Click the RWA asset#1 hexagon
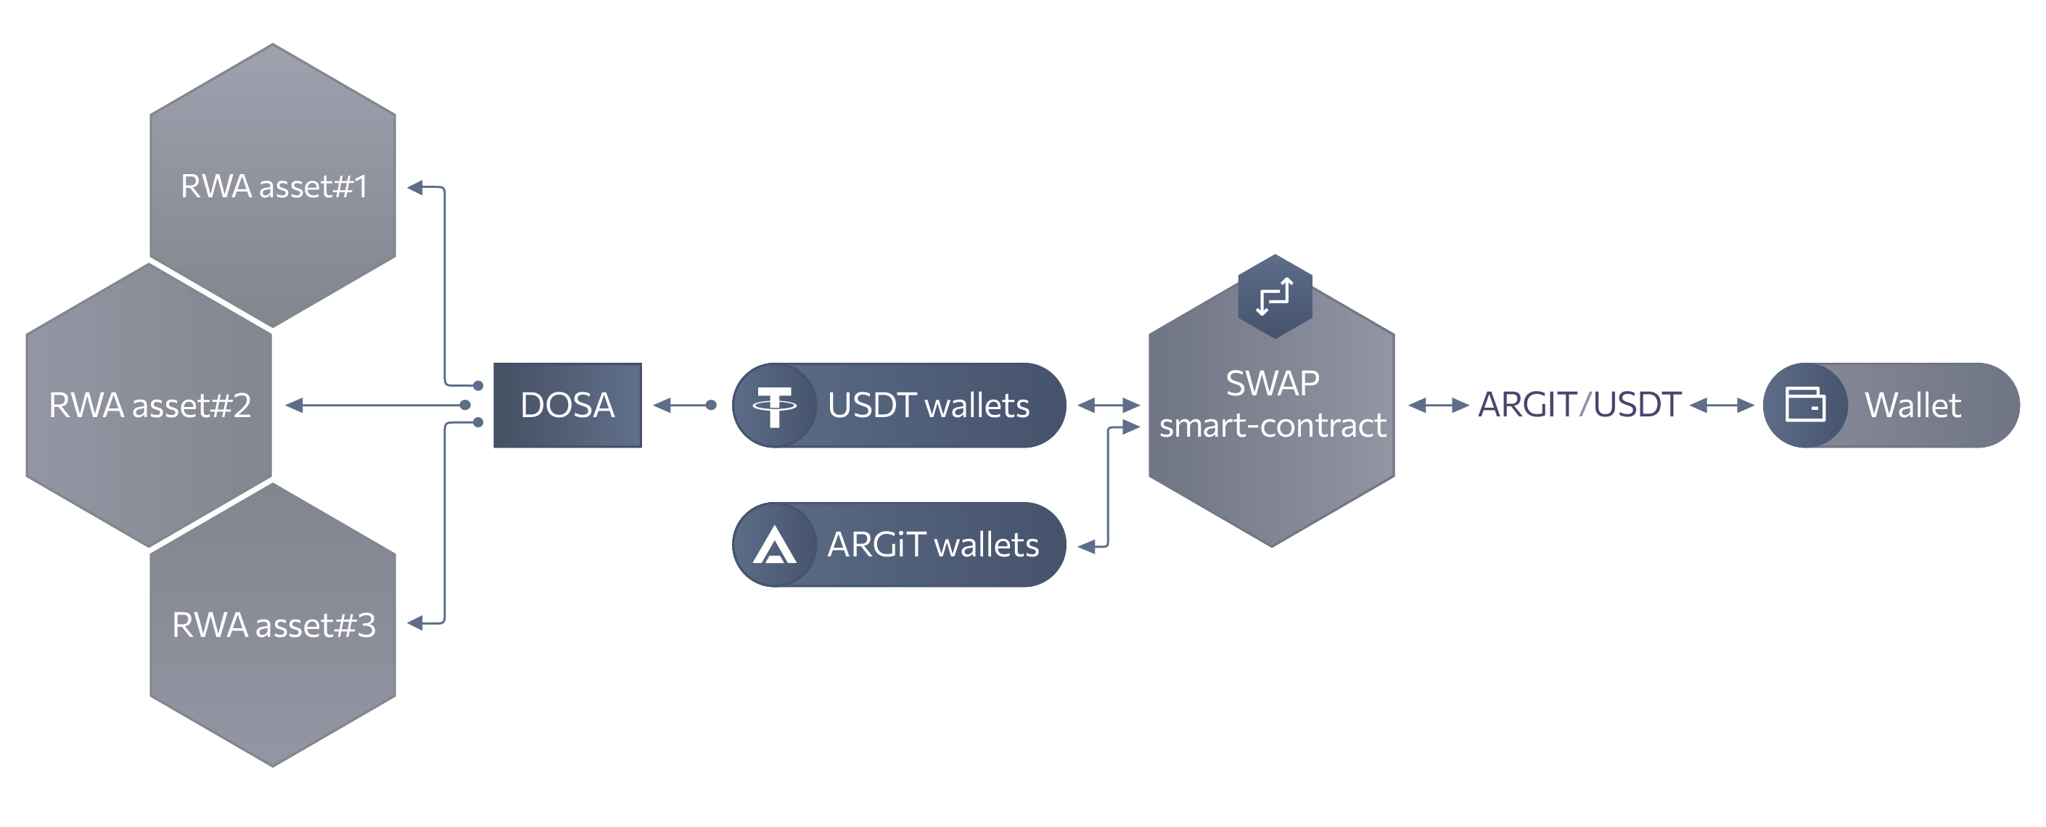pyautogui.click(x=272, y=186)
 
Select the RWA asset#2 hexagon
pyautogui.click(x=149, y=406)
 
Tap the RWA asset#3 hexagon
pyautogui.click(x=272, y=625)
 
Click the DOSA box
pyautogui.click(x=567, y=406)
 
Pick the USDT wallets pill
pyautogui.click(x=928, y=406)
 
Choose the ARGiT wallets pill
pyautogui.click(x=932, y=545)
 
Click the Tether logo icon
pyautogui.click(x=774, y=406)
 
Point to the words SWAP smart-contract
pyautogui.click(x=1273, y=404)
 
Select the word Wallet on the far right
pyautogui.click(x=1913, y=406)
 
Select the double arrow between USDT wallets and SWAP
pyautogui.click(x=1108, y=406)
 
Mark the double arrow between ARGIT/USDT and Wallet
pyautogui.click(x=1721, y=406)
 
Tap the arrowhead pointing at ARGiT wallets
pyautogui.click(x=1085, y=546)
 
